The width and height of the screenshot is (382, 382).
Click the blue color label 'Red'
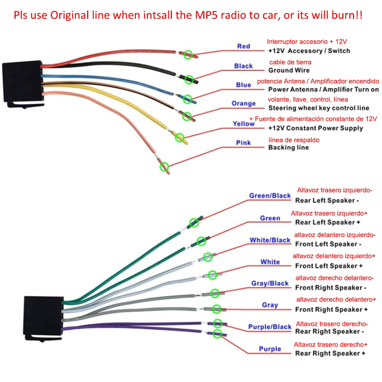[x=243, y=46]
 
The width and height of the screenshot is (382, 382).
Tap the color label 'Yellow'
[x=244, y=124]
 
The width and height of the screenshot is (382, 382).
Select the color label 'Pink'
[x=243, y=143]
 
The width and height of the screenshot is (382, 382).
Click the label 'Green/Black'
[x=270, y=196]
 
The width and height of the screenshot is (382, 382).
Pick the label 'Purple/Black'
[x=270, y=327]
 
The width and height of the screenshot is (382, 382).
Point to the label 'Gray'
[x=270, y=305]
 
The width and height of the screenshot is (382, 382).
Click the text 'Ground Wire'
[x=289, y=70]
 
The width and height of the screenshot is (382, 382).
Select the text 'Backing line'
[x=288, y=147]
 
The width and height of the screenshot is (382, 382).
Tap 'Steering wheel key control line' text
[x=319, y=108]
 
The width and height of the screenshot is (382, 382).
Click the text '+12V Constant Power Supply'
[x=316, y=128]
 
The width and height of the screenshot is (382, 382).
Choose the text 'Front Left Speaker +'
[x=329, y=266]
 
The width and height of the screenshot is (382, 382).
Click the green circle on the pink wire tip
[x=164, y=167]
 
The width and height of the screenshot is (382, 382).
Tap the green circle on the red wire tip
[x=188, y=55]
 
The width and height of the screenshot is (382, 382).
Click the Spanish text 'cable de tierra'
[x=290, y=62]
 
